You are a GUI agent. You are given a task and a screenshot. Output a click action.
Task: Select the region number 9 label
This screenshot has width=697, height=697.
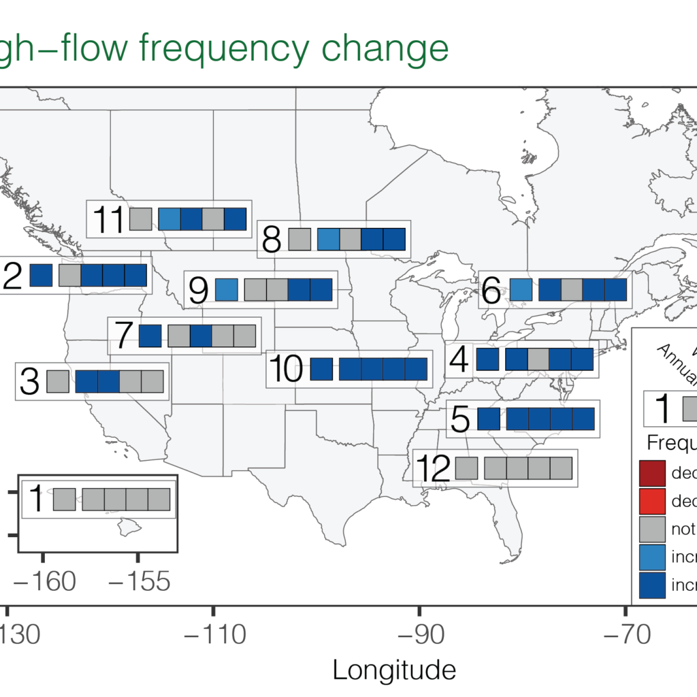pos(198,291)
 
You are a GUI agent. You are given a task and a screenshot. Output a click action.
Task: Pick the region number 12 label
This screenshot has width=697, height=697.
pos(433,468)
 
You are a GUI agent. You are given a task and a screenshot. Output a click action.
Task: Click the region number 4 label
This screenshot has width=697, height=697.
pos(459,360)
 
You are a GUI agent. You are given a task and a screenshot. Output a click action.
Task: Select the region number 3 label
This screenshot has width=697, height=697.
pos(30,381)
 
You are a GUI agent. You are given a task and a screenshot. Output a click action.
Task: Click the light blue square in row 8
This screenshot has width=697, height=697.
pos(328,240)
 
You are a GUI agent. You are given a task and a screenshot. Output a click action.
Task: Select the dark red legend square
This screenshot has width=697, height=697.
pos(651,473)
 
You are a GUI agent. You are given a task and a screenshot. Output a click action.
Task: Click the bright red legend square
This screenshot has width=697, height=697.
pos(651,501)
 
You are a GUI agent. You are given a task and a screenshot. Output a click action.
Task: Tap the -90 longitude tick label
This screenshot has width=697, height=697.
pos(419,635)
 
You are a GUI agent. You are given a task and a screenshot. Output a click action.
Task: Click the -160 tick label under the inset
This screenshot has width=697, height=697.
pos(43,581)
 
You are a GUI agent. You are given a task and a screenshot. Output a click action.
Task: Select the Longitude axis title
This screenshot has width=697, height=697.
pos(394,670)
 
